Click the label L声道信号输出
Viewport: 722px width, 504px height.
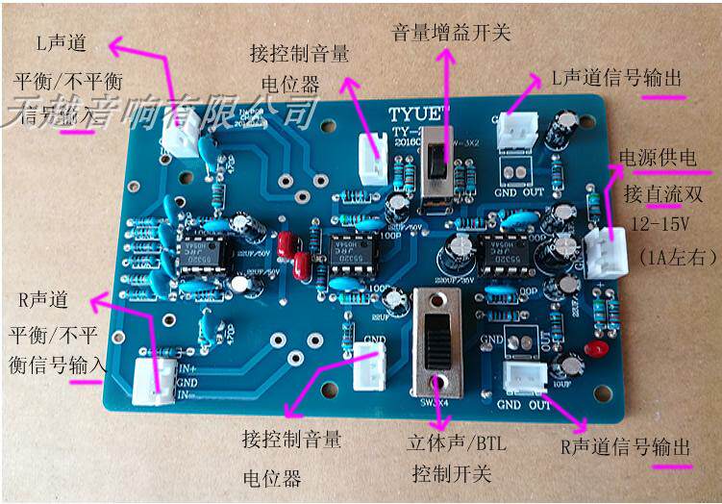pos(611,78)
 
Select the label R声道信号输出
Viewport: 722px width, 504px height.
pos(625,448)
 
